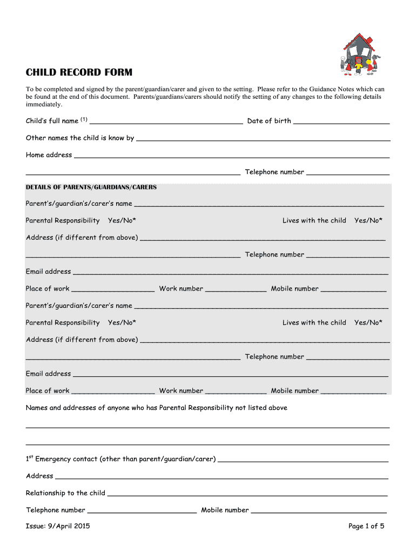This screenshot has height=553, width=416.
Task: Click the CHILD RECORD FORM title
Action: (x=79, y=72)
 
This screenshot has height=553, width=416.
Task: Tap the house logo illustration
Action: (x=357, y=54)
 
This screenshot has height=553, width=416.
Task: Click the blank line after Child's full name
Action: (x=169, y=122)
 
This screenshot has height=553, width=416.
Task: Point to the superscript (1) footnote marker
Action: (x=84, y=119)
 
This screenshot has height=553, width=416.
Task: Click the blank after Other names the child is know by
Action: (x=263, y=139)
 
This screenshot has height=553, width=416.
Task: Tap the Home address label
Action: (x=49, y=155)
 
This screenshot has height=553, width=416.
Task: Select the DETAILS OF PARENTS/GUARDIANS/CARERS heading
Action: (x=91, y=187)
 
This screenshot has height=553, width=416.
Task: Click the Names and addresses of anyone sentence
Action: (x=157, y=408)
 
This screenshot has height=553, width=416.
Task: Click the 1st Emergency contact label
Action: (x=120, y=459)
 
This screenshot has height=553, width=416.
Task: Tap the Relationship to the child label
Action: (x=65, y=493)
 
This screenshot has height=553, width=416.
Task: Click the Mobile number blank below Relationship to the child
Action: (x=319, y=511)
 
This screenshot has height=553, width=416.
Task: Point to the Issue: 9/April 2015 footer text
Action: (x=58, y=527)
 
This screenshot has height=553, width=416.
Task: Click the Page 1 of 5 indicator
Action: (x=366, y=527)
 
